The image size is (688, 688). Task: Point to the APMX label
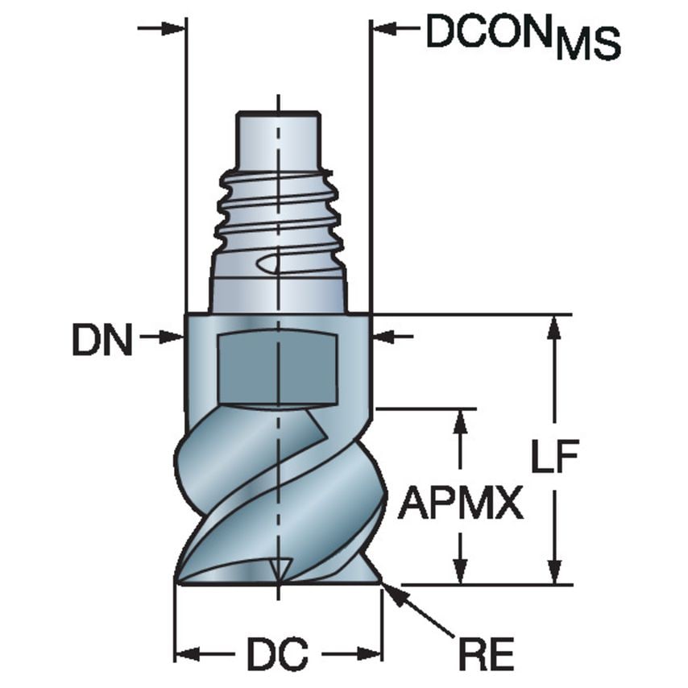(460, 505)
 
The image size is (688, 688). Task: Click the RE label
(489, 655)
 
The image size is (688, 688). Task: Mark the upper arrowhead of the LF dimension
(553, 326)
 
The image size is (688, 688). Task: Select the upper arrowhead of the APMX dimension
(460, 421)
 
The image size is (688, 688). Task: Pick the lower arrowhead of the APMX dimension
(460, 572)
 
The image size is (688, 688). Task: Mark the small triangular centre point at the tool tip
(279, 568)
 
